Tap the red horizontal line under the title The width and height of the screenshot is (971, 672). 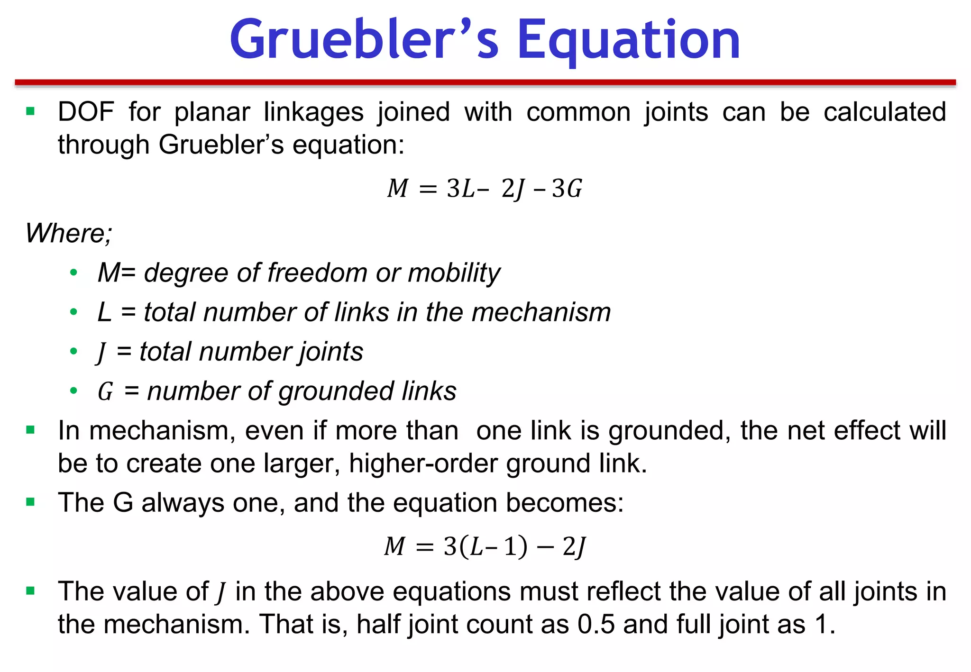485,82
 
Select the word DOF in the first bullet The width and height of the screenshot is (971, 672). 86,112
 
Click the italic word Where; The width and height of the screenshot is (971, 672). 69,233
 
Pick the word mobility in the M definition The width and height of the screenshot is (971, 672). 454,273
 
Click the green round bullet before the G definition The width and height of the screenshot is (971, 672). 73,391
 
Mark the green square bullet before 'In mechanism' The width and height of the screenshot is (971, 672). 31,430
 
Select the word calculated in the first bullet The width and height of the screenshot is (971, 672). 884,112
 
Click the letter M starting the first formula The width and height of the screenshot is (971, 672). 397,189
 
